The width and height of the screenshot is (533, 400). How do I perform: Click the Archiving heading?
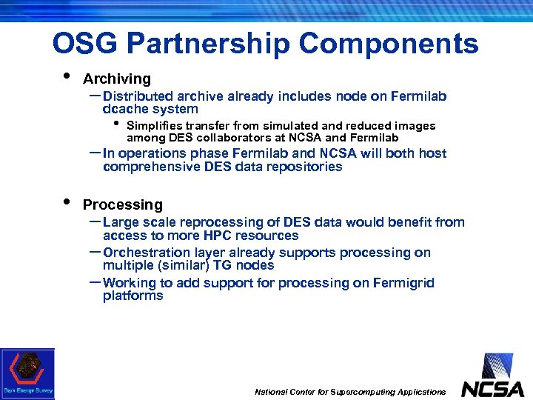116,79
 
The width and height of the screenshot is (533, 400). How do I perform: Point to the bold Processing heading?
122,204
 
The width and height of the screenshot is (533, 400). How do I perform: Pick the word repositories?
307,167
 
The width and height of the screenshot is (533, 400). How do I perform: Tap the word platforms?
133,296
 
